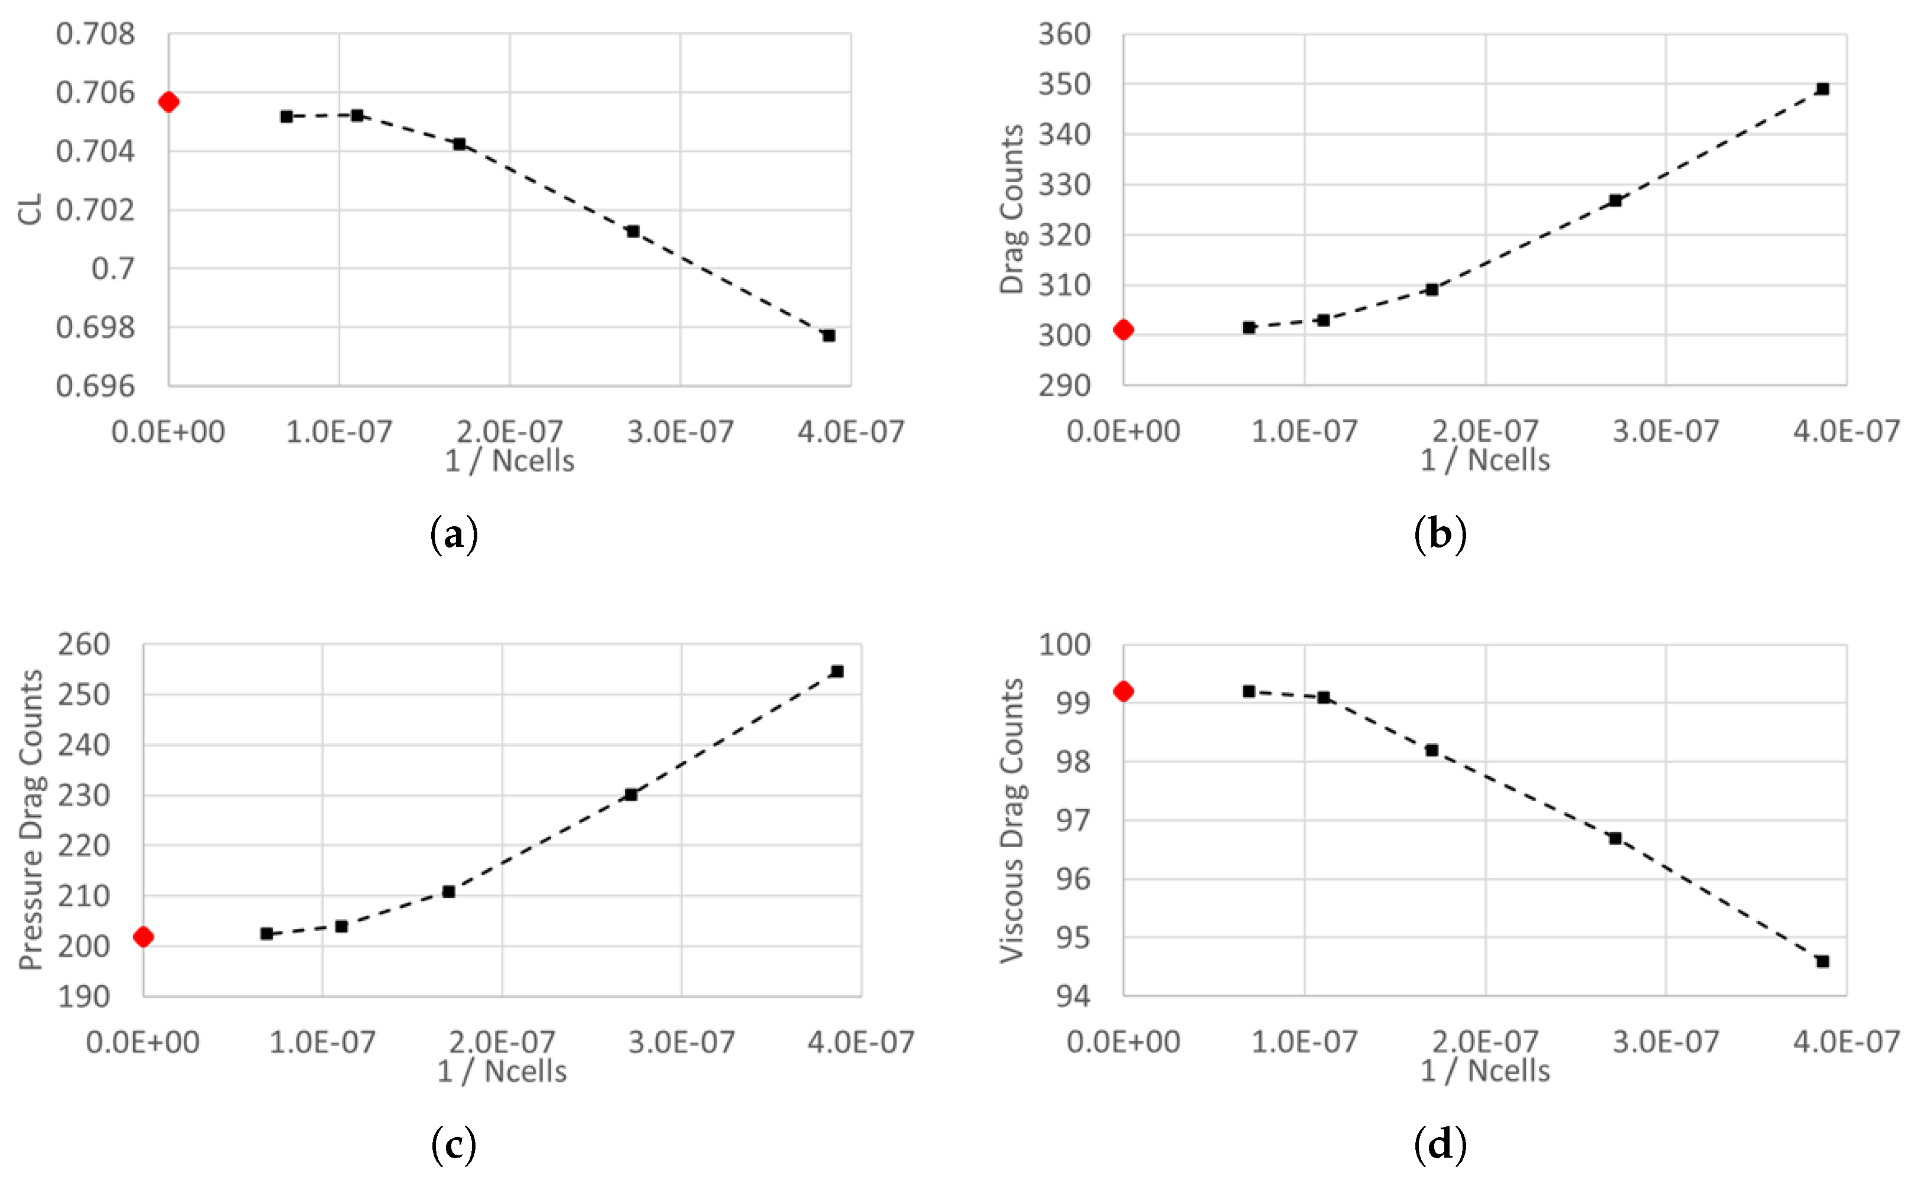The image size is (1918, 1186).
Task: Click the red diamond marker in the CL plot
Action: click(169, 102)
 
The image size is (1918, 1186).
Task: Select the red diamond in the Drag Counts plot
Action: click(1124, 330)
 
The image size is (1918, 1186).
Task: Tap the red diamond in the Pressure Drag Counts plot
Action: click(144, 937)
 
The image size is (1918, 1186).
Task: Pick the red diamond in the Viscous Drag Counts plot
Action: click(1124, 691)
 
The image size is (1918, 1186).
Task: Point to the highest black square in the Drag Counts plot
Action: click(1823, 89)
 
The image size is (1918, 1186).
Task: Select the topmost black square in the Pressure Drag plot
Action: click(837, 672)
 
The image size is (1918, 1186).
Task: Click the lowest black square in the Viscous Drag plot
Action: click(1823, 961)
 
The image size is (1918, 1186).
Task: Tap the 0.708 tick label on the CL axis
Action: click(95, 34)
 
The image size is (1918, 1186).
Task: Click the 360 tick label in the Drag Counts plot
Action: click(1064, 34)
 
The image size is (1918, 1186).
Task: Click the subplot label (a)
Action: click(454, 535)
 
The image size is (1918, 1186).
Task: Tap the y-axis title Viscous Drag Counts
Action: click(1012, 820)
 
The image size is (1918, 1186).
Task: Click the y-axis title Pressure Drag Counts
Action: click(31, 820)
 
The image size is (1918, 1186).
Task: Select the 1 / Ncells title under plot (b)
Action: click(1484, 461)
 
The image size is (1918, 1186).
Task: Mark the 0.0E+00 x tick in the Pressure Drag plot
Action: click(143, 1042)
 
